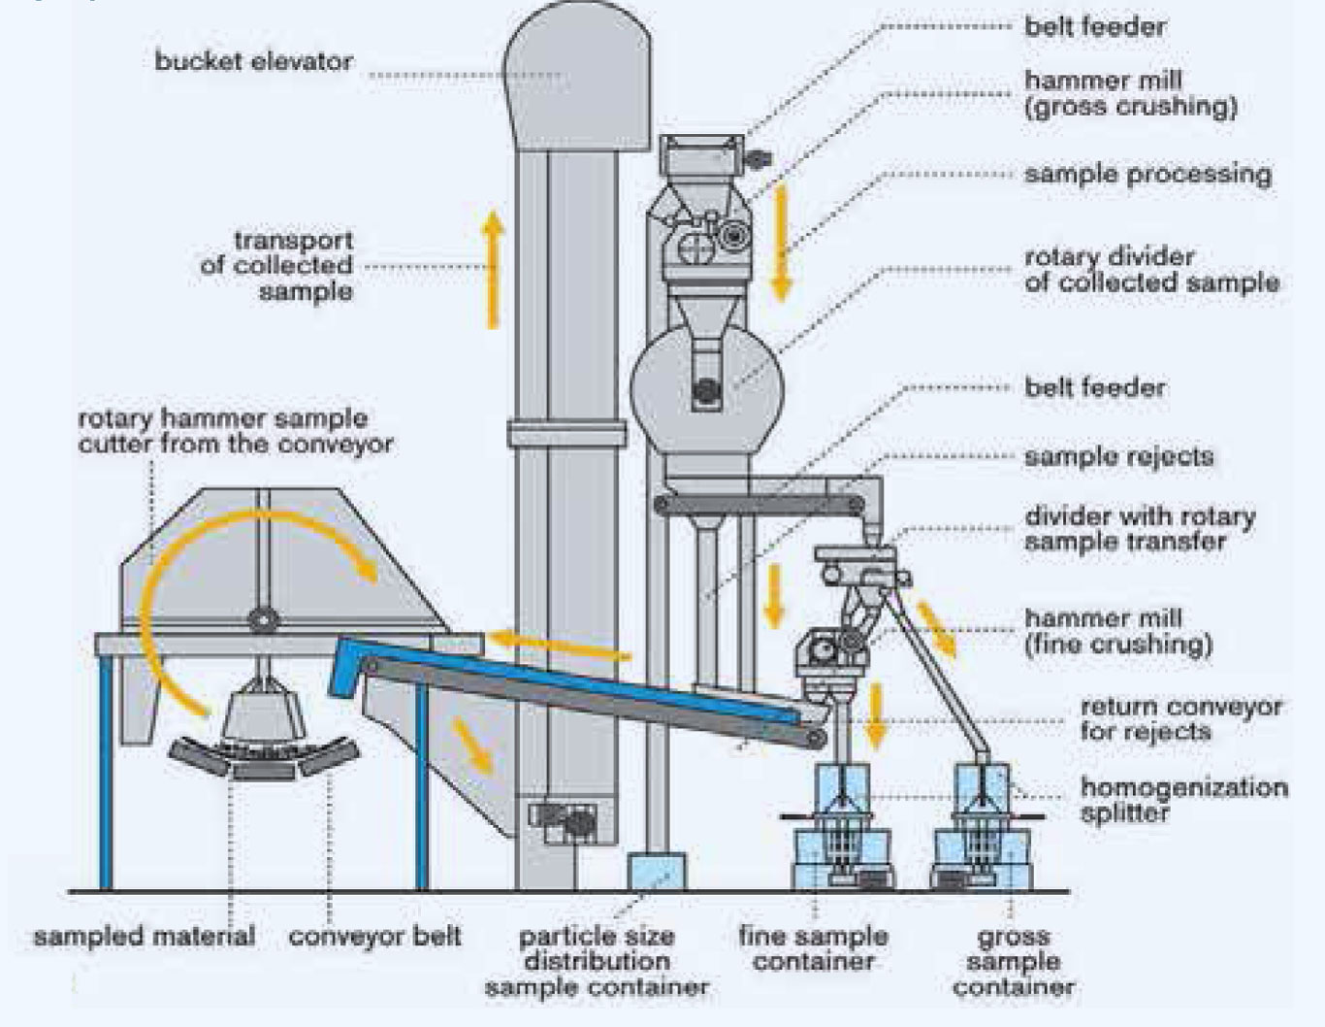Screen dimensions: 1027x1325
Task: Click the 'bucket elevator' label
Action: [254, 61]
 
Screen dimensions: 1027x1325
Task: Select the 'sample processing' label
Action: [1147, 175]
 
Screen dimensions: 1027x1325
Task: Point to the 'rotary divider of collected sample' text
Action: [1151, 270]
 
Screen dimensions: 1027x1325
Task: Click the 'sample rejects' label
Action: [1118, 456]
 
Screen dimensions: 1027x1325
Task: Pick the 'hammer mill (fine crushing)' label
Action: [1118, 631]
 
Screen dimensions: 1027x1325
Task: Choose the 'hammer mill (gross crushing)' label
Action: [1130, 93]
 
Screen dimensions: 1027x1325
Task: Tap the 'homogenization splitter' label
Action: [1183, 800]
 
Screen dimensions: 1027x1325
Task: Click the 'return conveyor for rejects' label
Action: [1180, 718]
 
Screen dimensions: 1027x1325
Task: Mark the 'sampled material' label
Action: [145, 937]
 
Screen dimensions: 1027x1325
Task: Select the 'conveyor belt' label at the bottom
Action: [374, 937]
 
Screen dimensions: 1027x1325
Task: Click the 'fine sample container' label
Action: [813, 948]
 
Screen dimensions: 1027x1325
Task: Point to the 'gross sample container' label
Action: [1013, 961]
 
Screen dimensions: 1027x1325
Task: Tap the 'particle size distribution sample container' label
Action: [597, 962]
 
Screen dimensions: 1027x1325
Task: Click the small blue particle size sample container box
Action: [657, 872]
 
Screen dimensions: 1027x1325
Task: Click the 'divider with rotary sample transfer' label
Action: [1140, 528]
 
